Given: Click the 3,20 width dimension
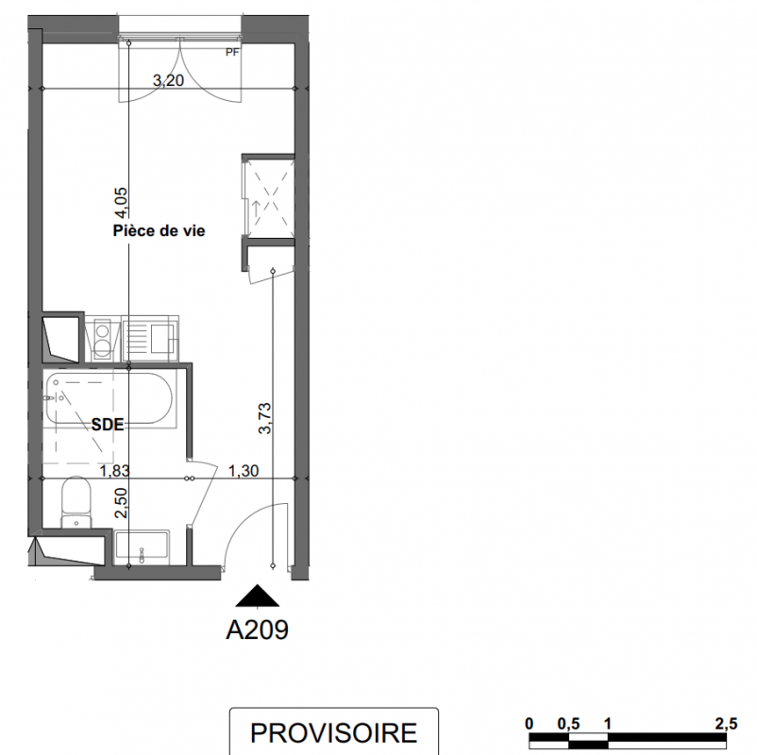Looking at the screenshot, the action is [169, 80].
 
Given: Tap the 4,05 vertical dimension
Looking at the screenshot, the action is [121, 203].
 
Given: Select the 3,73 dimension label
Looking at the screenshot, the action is [265, 418].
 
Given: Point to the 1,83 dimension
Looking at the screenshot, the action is [114, 470].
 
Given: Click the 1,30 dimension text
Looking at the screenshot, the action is [244, 470].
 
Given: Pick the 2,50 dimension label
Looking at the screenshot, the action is [121, 503].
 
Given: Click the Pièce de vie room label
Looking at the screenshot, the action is [159, 231].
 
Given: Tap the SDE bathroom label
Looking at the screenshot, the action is [108, 425].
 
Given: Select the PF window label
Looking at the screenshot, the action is [232, 52].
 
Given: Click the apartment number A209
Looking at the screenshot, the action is [258, 629].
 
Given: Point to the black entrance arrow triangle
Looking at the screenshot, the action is [258, 596].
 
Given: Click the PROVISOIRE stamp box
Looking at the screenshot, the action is [333, 731].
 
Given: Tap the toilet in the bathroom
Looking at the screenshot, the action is [76, 502].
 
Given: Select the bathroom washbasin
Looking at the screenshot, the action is [142, 548].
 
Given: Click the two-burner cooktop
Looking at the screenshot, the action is [102, 339].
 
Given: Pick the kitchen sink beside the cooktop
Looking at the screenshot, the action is [150, 339].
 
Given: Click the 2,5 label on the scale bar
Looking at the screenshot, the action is [726, 724].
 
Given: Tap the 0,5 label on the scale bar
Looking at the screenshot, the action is [568, 724].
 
